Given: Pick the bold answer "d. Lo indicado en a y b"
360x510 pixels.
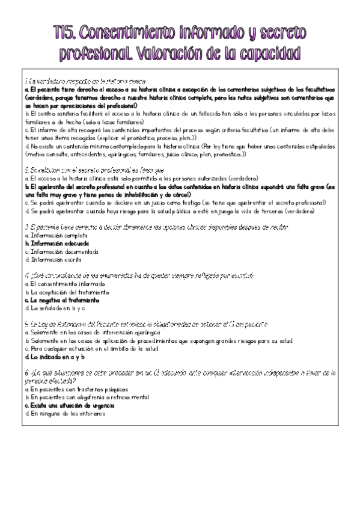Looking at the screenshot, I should pyautogui.click(x=55, y=356).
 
